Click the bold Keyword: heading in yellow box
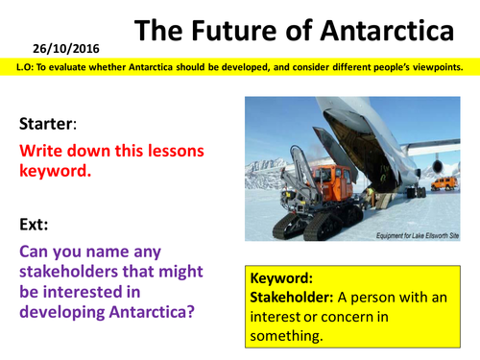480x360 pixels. [x=285, y=276]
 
